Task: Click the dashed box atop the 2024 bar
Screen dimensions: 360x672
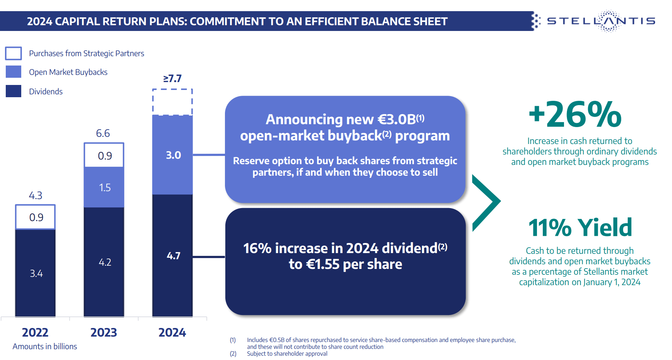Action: pos(172,102)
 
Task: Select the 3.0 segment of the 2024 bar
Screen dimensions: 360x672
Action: pos(172,155)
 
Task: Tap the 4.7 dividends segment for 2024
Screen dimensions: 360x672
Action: pos(172,256)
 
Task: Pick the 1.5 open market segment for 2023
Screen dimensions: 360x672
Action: pos(104,188)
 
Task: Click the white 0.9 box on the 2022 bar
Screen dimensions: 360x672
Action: pos(35,217)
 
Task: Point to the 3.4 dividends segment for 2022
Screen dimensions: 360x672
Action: pos(35,273)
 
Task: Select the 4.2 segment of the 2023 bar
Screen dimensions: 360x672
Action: pos(104,262)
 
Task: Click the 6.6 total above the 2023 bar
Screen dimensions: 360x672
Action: pos(103,133)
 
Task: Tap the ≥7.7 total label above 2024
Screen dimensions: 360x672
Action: pos(172,78)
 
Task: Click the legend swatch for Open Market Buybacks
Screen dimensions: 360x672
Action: pos(14,72)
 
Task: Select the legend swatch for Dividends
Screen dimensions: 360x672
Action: pos(14,91)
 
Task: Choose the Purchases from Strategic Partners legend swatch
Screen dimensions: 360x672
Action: pos(14,53)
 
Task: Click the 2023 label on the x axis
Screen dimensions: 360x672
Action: pos(104,332)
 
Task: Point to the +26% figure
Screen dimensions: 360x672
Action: pos(575,114)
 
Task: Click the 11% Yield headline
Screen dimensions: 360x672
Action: pos(580,228)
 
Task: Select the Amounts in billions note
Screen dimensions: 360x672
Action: pos(45,346)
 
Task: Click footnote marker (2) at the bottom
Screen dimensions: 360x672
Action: pos(233,354)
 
